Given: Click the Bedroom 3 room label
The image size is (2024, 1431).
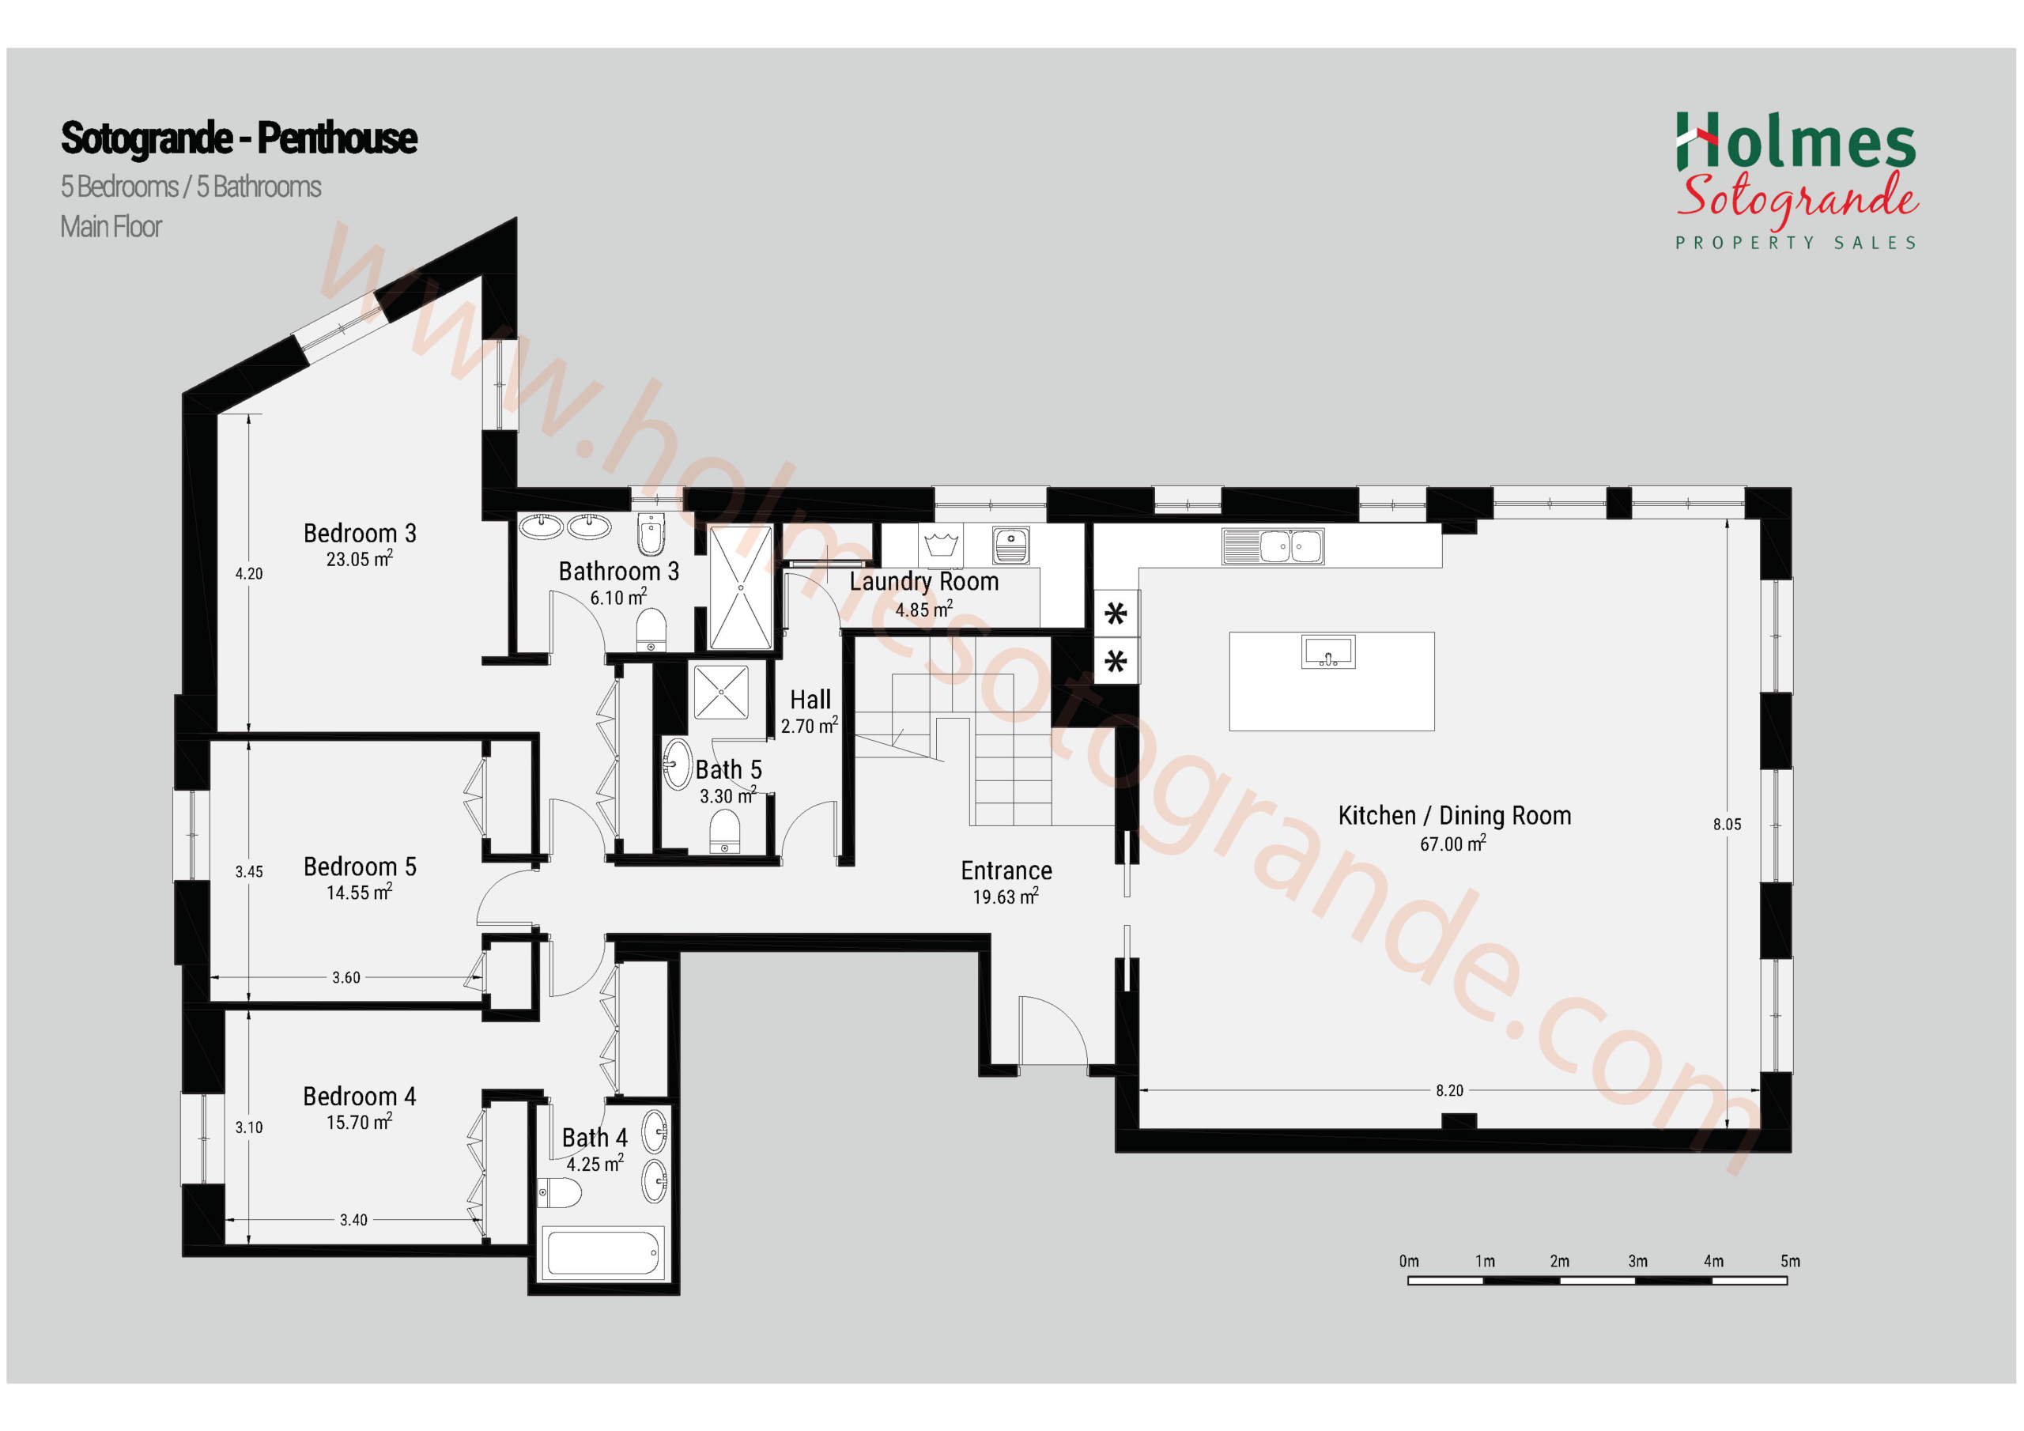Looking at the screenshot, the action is coord(360,534).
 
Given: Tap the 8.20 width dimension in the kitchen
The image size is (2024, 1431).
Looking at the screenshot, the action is coord(1449,1091).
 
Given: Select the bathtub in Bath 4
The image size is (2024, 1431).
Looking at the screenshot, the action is coord(603,1254).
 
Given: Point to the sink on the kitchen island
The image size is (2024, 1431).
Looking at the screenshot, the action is coord(1328,652).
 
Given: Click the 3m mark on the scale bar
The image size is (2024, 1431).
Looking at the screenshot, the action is coord(1638,1262).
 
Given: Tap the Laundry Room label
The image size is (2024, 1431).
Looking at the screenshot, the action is coord(924,582).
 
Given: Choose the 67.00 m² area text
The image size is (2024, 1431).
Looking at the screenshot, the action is coord(1452,844).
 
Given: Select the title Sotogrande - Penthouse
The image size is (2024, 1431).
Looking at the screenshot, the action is coord(239,138).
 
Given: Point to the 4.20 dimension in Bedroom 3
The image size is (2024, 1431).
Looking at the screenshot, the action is coord(248,574).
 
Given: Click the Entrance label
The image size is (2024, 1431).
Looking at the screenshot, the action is coord(1006,871).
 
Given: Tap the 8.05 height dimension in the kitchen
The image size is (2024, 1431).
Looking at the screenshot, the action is coord(1727,825).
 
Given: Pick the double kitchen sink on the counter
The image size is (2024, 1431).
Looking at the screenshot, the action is coord(1273,546).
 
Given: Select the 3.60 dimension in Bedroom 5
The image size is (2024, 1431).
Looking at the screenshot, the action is coord(346,977).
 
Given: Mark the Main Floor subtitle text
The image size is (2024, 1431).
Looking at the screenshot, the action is coord(111,228).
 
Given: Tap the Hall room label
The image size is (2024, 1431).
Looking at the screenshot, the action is coord(810,700).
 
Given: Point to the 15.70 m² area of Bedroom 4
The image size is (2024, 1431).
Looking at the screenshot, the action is coord(360,1123).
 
